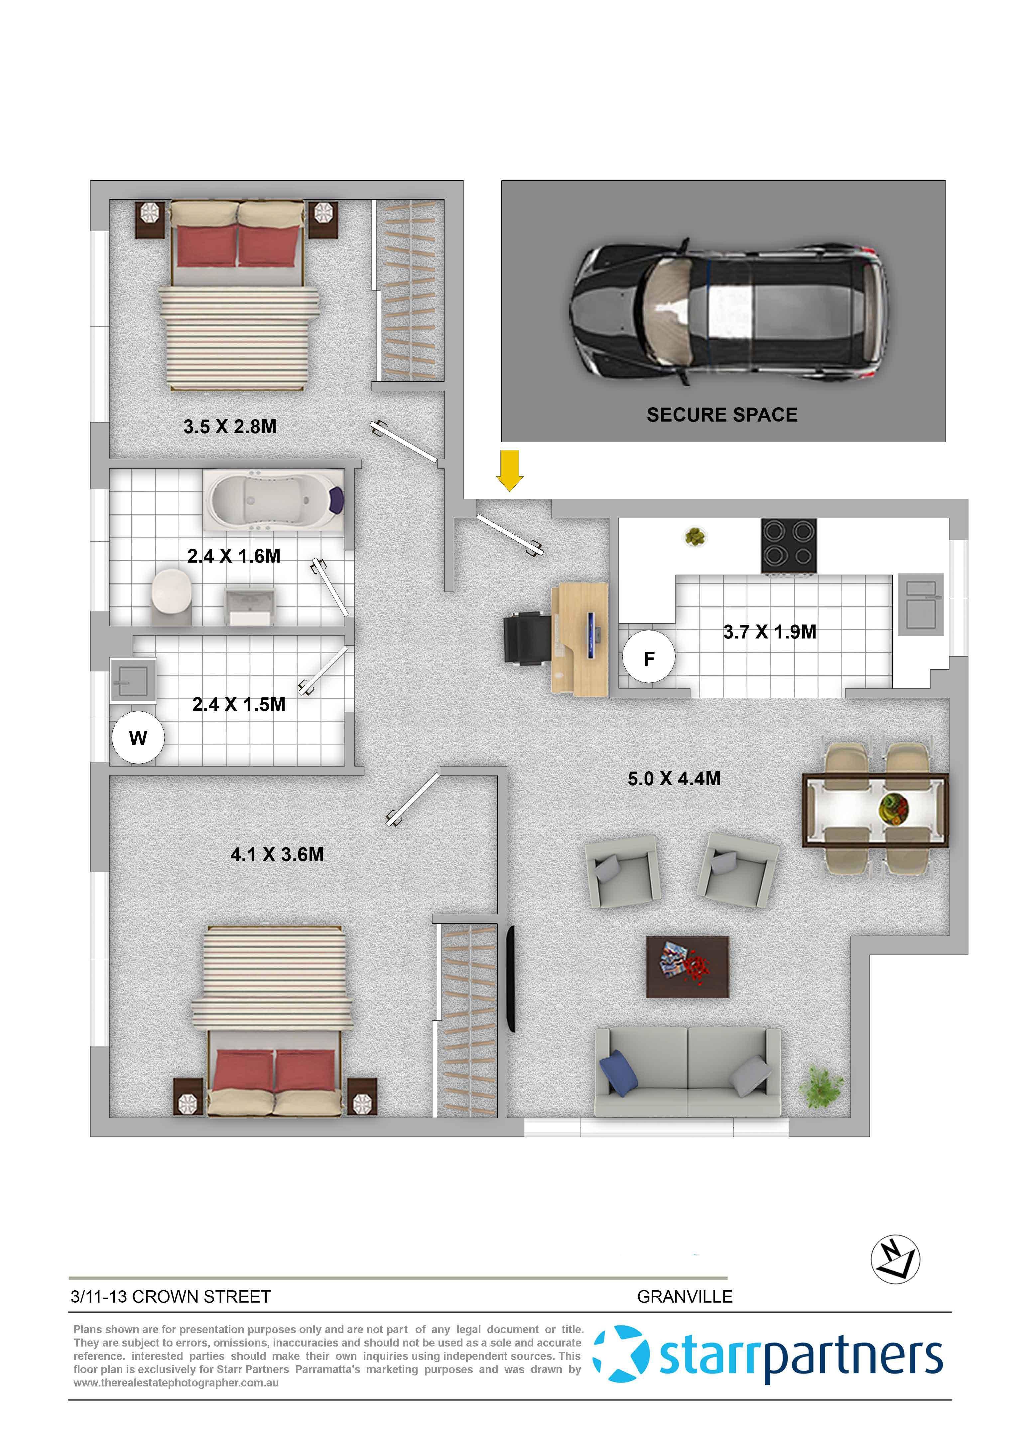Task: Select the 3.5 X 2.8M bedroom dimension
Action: click(230, 427)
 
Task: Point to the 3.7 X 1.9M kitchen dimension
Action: click(770, 631)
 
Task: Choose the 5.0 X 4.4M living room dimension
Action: click(674, 779)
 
